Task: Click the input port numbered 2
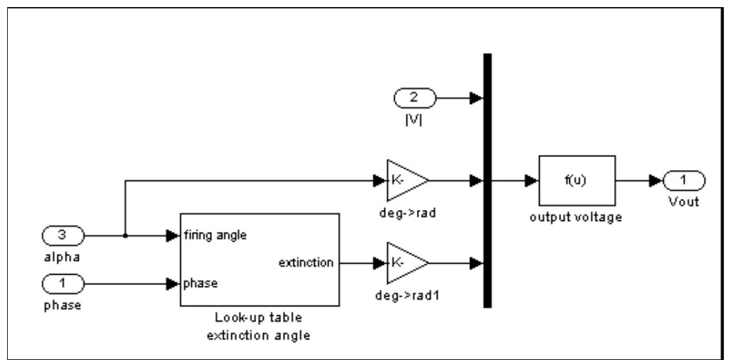(x=414, y=98)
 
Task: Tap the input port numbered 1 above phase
(x=63, y=282)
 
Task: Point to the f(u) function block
(x=577, y=180)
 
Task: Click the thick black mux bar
(x=487, y=180)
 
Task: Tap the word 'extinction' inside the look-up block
(x=306, y=263)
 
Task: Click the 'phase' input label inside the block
(x=200, y=283)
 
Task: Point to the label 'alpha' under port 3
(x=63, y=258)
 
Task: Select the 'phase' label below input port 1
(x=63, y=305)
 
